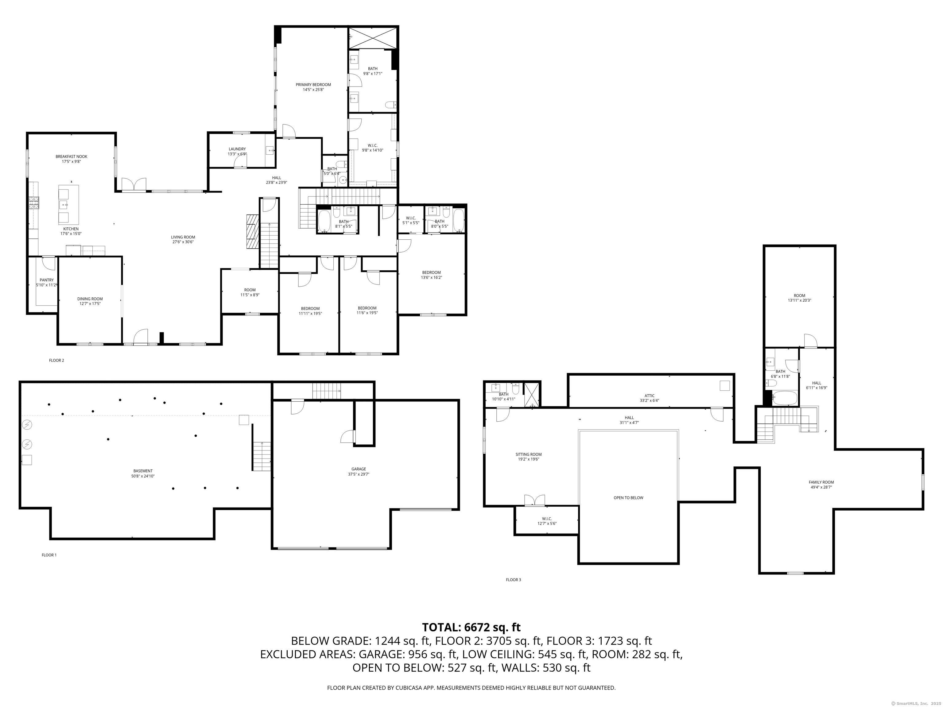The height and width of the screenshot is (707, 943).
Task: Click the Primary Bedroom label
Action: click(313, 85)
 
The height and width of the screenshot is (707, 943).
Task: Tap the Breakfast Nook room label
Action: click(71, 156)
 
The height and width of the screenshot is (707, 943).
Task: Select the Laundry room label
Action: click(237, 149)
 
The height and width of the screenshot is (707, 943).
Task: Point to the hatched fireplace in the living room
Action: click(252, 231)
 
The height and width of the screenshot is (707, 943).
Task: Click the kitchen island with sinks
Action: click(68, 205)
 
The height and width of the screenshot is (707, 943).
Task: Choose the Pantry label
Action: click(46, 280)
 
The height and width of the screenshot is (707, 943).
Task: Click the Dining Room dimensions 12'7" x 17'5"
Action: click(90, 303)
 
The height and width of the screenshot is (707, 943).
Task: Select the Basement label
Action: click(143, 471)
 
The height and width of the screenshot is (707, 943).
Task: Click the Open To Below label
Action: click(628, 498)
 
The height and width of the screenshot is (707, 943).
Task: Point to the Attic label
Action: click(649, 396)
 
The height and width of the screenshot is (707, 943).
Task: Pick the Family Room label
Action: click(821, 482)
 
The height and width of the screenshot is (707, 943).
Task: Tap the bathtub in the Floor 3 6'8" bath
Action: click(784, 399)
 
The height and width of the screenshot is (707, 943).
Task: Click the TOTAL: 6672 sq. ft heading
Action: click(471, 627)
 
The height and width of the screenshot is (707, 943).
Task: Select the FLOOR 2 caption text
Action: click(56, 361)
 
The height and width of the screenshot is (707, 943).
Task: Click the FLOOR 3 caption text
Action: click(513, 580)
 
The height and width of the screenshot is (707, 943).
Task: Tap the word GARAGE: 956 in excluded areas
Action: click(393, 654)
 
